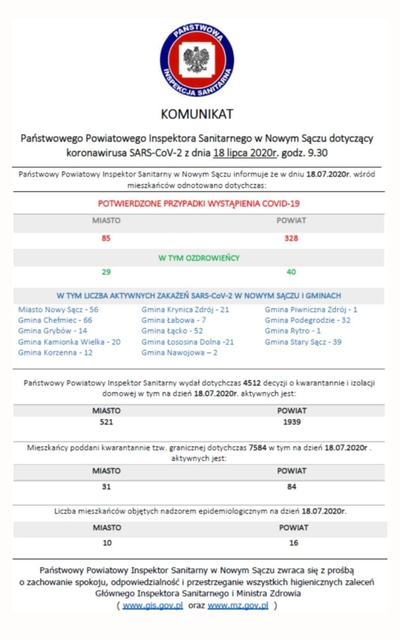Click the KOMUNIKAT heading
click(x=197, y=114)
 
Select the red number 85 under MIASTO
click(x=106, y=238)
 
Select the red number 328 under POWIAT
click(x=291, y=238)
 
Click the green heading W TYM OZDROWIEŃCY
click(x=199, y=258)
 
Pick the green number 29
click(x=106, y=272)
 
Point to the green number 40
click(x=291, y=272)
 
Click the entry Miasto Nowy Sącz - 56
click(x=58, y=309)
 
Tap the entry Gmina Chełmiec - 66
click(x=55, y=320)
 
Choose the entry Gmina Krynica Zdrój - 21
click(x=185, y=309)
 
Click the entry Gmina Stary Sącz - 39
click(x=303, y=342)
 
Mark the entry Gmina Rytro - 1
click(x=293, y=331)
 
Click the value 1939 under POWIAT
click(x=291, y=422)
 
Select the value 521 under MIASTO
click(x=106, y=422)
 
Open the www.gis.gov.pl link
click(x=153, y=606)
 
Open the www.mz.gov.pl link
click(x=238, y=606)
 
